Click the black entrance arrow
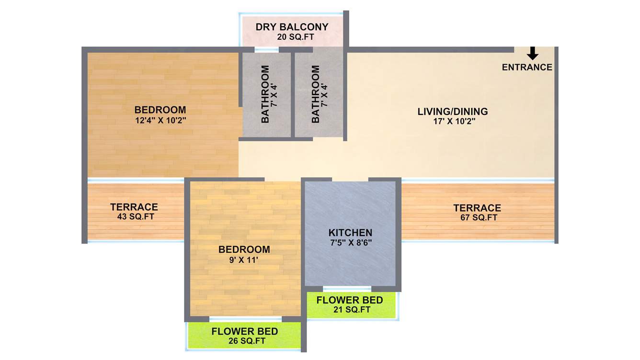coord(532,53)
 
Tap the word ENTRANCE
coord(527,67)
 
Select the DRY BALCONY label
coord(292,27)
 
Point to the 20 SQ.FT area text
coord(292,37)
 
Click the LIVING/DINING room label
coord(452,112)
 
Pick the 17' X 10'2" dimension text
coord(452,122)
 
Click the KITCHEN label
coord(350,233)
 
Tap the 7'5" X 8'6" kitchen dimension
coord(350,242)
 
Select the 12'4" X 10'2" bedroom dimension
coord(160,120)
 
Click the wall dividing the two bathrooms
coord(293,96)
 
